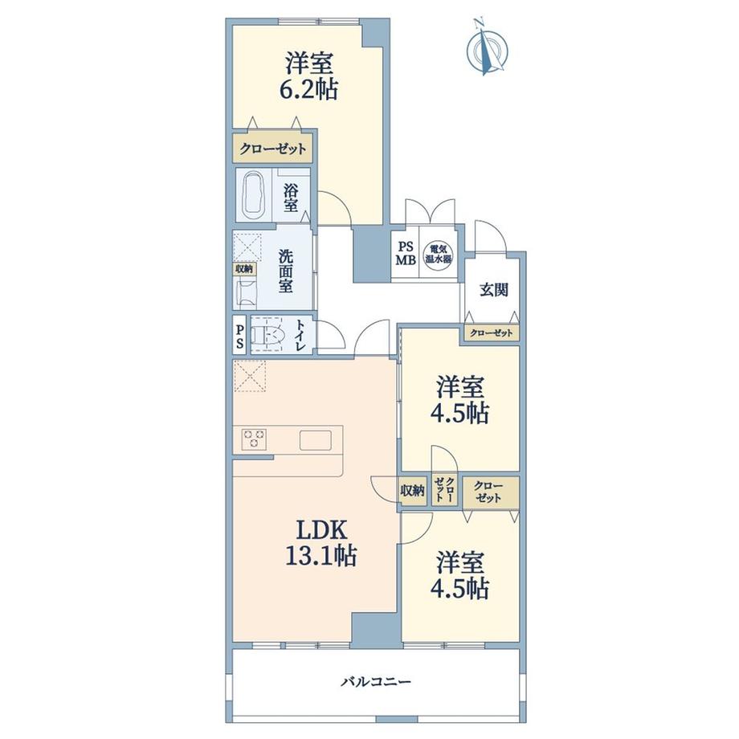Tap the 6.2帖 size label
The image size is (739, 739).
pyautogui.click(x=308, y=89)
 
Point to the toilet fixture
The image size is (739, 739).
pyautogui.click(x=267, y=335)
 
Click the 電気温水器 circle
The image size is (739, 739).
pyautogui.click(x=438, y=254)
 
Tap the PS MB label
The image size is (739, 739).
pyautogui.click(x=403, y=254)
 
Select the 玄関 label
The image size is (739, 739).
pyautogui.click(x=492, y=290)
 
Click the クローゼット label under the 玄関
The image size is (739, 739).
pyautogui.click(x=490, y=333)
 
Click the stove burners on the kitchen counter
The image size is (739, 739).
pyautogui.click(x=255, y=439)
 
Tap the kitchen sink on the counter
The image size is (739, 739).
pyautogui.click(x=315, y=440)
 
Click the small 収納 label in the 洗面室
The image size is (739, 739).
pyautogui.click(x=243, y=270)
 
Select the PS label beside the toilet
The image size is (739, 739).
pyautogui.click(x=239, y=334)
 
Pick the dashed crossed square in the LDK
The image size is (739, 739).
pyautogui.click(x=249, y=376)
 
